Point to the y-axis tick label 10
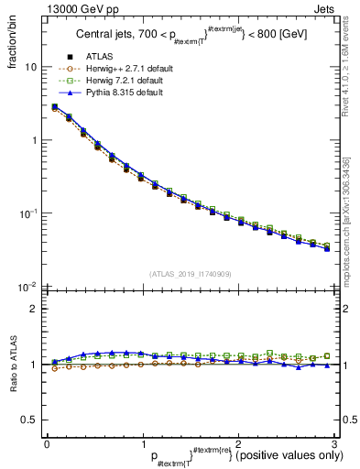(x=31, y=68)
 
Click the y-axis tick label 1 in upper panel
(x=34, y=140)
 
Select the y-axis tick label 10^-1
(x=28, y=213)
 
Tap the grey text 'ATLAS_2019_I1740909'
(x=190, y=274)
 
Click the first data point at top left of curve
(x=55, y=107)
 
